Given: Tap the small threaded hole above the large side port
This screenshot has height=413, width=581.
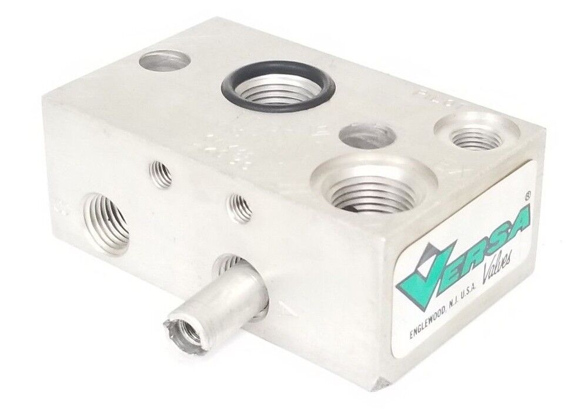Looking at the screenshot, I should coord(161,173).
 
